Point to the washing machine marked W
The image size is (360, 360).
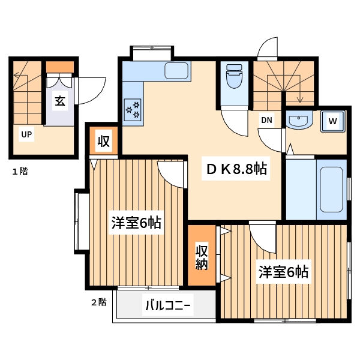pos(332,122)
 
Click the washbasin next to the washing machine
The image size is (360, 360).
pos(298,121)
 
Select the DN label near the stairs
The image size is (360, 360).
pos(266,119)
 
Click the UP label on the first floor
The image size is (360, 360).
pos(26,134)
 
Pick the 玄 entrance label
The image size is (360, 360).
pos(60,101)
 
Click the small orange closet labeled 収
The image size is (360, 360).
pos(103,141)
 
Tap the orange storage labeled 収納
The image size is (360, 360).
pos(201,256)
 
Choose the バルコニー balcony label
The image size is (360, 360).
pos(167,307)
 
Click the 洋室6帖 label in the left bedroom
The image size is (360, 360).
pos(135,223)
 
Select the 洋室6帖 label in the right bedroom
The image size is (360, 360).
pos(283,272)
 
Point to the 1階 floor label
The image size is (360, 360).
pos(20,171)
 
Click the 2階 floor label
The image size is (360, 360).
pos(98,302)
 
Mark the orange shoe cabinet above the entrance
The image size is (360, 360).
pos(60,66)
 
